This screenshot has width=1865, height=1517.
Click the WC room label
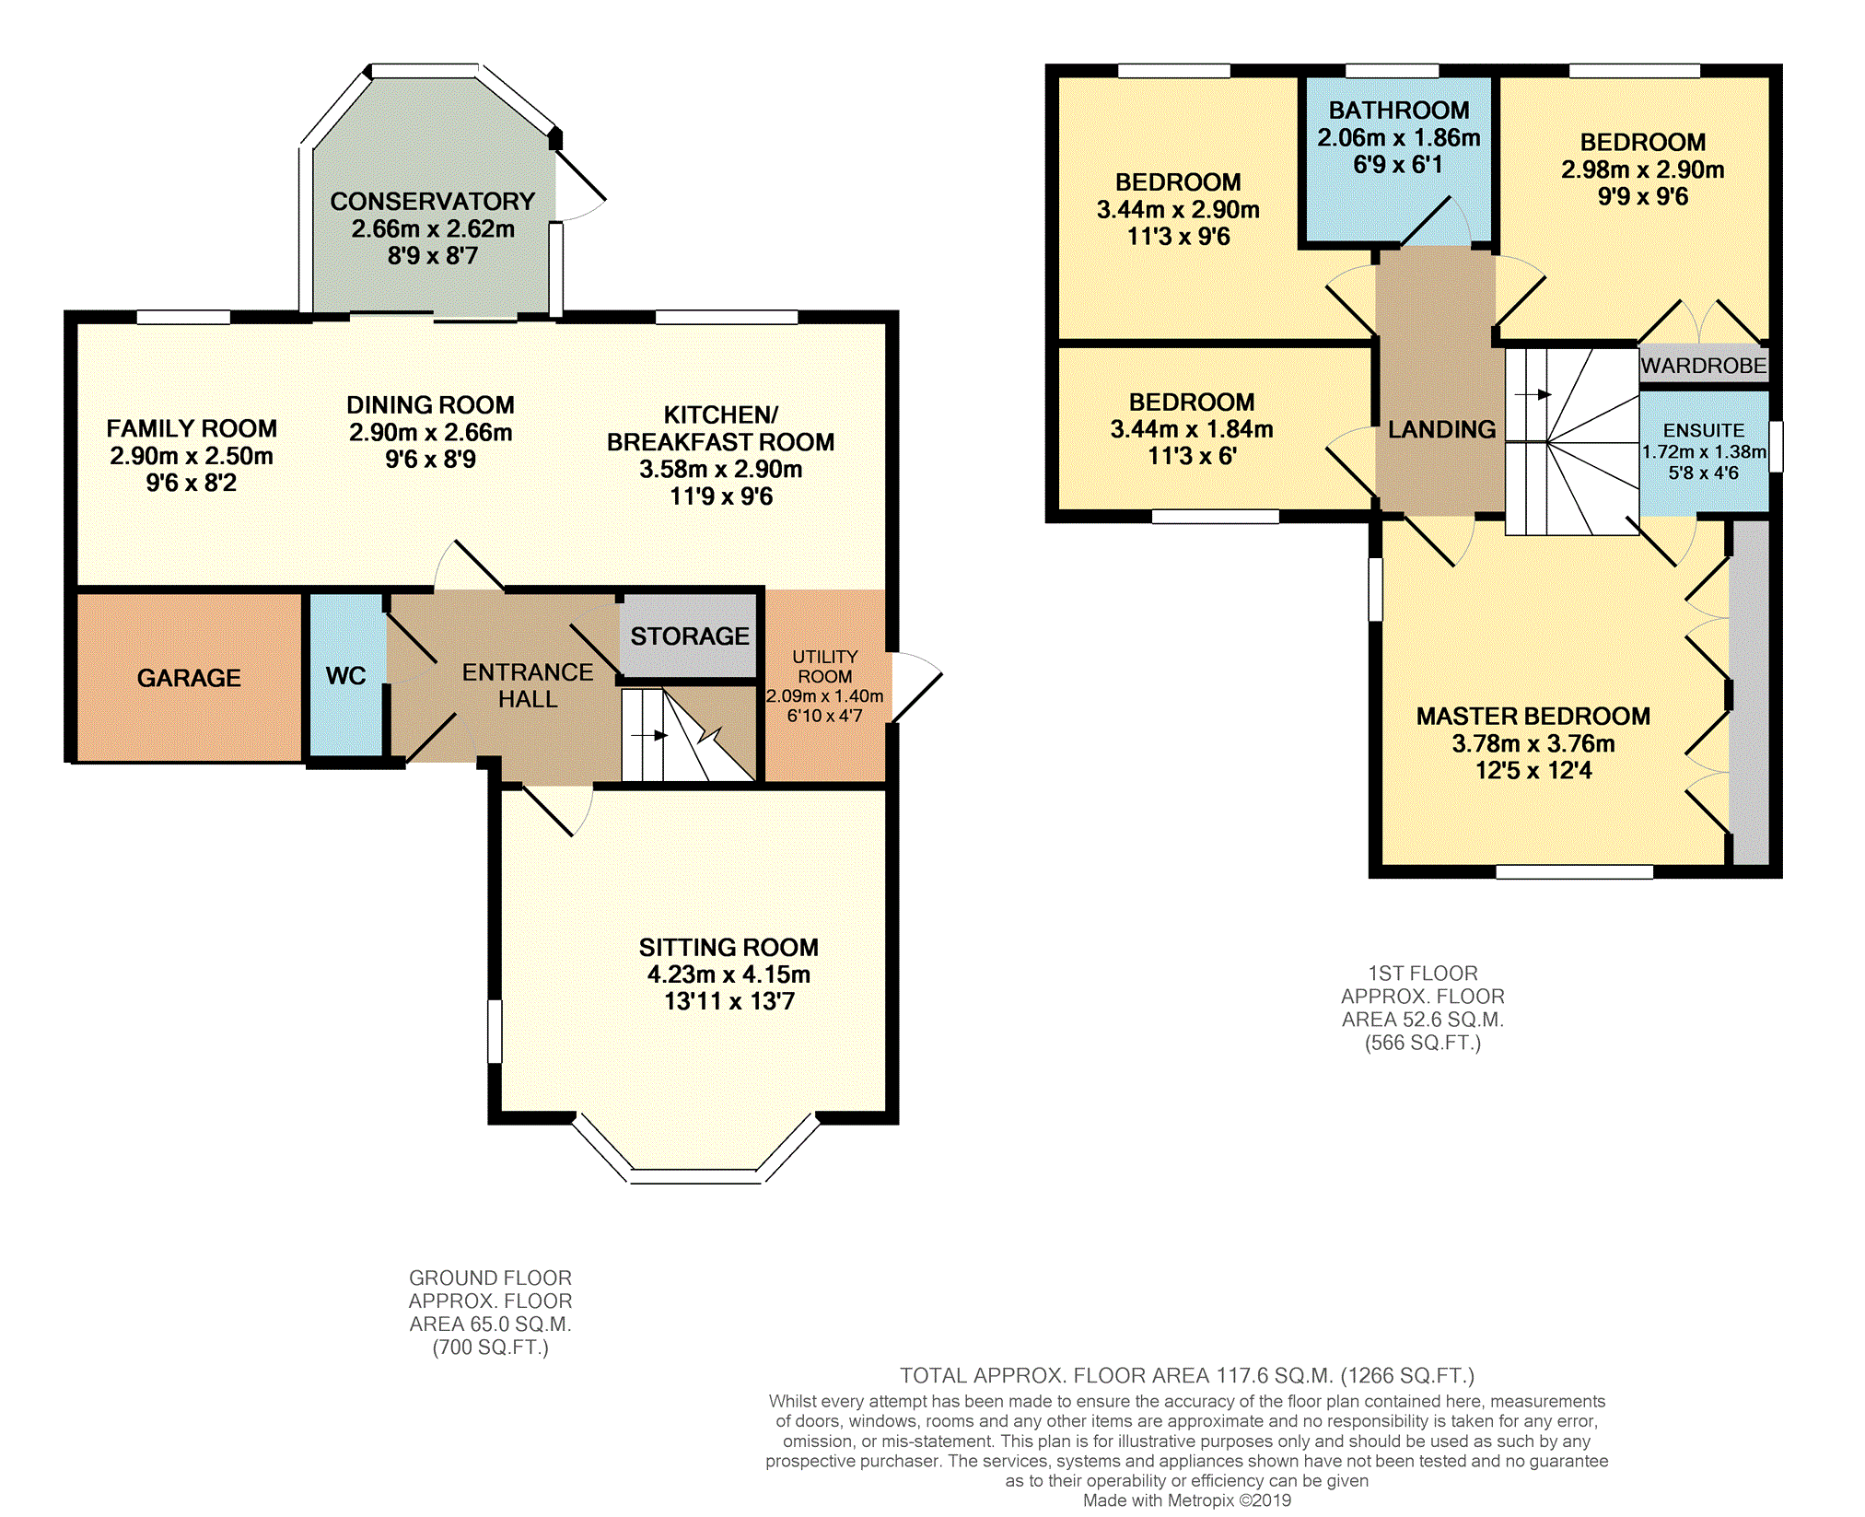(345, 676)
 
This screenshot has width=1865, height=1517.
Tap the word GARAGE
(189, 678)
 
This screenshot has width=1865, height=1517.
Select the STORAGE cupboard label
(690, 636)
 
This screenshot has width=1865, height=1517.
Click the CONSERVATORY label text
(433, 202)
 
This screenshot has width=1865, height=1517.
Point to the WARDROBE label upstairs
(1704, 366)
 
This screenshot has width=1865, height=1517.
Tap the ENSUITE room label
(1704, 430)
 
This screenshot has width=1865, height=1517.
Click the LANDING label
(1442, 429)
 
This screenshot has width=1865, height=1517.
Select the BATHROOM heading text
(1399, 111)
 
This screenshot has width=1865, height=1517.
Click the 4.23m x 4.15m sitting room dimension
(729, 974)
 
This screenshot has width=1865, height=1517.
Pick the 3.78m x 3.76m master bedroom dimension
(1533, 743)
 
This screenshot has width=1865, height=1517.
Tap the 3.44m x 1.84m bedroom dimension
(1192, 429)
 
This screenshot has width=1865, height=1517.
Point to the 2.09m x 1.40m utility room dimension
(825, 696)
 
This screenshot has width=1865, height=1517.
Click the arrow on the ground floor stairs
(649, 735)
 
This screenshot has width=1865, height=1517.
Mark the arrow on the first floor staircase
(1533, 394)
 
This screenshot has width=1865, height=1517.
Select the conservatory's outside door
(580, 175)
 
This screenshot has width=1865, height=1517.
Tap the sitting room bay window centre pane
(695, 1176)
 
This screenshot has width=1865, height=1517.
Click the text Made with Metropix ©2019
(1187, 1500)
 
